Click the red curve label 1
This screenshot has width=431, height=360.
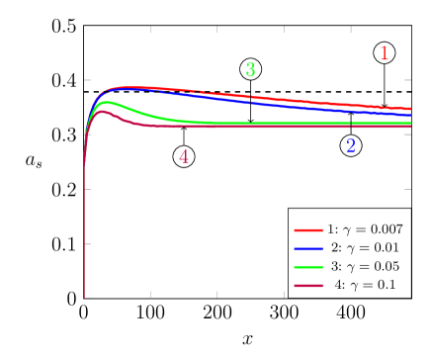(385, 54)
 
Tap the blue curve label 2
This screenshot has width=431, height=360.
(351, 146)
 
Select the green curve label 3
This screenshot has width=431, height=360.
(250, 70)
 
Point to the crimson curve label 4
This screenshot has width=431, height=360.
(184, 156)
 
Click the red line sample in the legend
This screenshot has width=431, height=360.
(308, 228)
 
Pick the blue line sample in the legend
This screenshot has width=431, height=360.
(308, 247)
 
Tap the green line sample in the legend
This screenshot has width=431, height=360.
(308, 266)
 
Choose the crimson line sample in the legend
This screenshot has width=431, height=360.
(308, 285)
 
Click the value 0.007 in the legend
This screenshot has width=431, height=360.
(384, 228)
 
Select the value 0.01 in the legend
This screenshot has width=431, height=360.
(381, 247)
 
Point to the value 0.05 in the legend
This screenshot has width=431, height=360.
(381, 266)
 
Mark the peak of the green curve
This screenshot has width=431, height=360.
(106, 102)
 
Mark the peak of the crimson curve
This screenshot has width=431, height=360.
(102, 112)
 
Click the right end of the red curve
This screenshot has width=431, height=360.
(409, 109)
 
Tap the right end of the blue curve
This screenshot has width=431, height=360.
(409, 115)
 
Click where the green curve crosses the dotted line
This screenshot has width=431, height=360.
(150, 116)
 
